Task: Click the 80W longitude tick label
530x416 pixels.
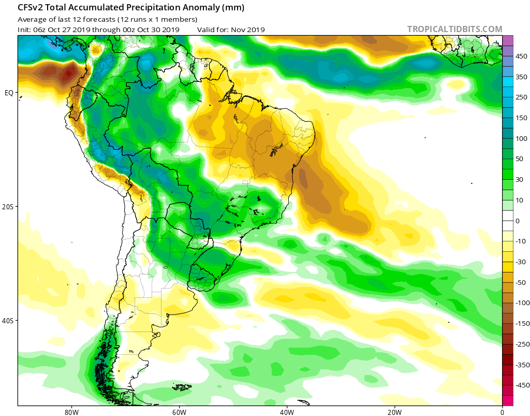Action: pyautogui.click(x=71, y=412)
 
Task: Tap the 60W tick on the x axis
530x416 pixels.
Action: pyautogui.click(x=179, y=412)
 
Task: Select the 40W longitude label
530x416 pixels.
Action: pyautogui.click(x=287, y=412)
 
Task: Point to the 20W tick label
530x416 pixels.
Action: pyautogui.click(x=394, y=412)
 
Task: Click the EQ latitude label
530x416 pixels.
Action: pyautogui.click(x=9, y=93)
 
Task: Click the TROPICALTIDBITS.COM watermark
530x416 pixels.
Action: pyautogui.click(x=454, y=29)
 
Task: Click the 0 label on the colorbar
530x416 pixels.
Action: pyautogui.click(x=518, y=221)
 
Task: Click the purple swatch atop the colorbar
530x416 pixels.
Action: pyautogui.click(x=508, y=40)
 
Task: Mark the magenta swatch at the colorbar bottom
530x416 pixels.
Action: pyautogui.click(x=508, y=400)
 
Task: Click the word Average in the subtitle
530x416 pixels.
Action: pyautogui.click(x=32, y=19)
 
